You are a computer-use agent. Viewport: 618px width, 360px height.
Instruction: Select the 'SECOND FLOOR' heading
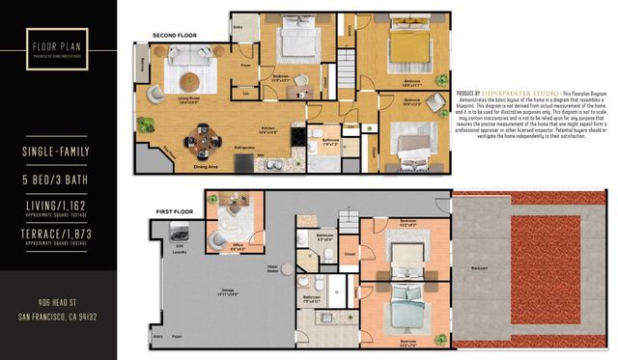click(x=174, y=36)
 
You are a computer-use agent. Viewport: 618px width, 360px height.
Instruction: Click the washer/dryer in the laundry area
click(x=180, y=231)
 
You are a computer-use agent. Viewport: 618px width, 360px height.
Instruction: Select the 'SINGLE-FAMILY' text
click(x=58, y=152)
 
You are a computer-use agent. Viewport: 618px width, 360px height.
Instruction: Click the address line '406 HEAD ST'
click(x=58, y=302)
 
